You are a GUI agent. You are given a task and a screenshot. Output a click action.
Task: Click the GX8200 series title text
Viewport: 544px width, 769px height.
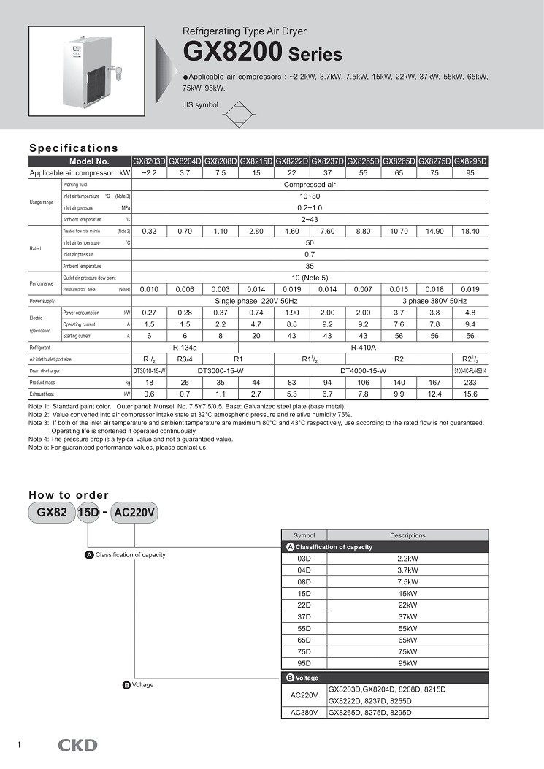point(262,53)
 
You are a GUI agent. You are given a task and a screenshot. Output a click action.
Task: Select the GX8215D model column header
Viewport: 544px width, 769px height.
point(256,161)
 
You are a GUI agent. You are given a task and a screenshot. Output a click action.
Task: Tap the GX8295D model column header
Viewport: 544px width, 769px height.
point(470,161)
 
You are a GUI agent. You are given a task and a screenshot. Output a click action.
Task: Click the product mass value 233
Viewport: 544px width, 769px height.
point(470,382)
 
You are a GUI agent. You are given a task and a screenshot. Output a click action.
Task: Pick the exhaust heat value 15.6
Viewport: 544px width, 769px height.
point(470,394)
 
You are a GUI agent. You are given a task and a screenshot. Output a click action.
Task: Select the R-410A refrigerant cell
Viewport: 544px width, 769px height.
point(363,348)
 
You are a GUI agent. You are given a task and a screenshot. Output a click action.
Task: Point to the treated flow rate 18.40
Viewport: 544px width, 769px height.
point(470,231)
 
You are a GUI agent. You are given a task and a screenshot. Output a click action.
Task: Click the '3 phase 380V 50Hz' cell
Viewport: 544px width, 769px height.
point(434,301)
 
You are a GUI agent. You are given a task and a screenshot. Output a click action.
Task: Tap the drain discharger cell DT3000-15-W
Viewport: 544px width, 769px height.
point(221,371)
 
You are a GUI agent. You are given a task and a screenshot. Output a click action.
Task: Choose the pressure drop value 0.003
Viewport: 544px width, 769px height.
point(221,289)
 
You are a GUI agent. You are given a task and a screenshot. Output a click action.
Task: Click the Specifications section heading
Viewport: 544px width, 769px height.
point(73,148)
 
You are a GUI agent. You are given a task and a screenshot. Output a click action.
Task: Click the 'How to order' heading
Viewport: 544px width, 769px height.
point(69,495)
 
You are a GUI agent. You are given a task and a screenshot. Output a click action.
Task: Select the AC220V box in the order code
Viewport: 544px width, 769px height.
point(135,513)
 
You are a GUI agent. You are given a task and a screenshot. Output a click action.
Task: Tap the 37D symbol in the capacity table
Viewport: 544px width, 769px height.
point(304,616)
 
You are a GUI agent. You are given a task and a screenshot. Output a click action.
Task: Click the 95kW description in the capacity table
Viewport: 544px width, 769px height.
point(407,663)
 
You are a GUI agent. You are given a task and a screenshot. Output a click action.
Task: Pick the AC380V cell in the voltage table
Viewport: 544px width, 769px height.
point(304,712)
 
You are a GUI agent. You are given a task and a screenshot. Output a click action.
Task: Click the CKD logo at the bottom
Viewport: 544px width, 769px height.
point(77,745)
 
